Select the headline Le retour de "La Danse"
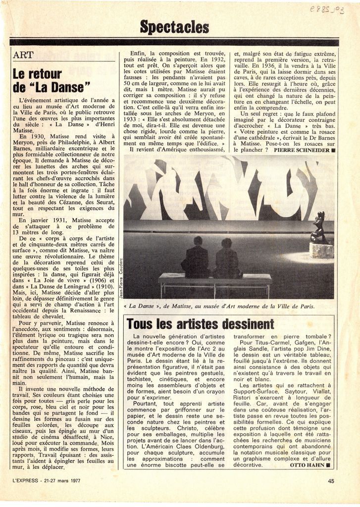(x=51, y=81)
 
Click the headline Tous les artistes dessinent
(x=200, y=324)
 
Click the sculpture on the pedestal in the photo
(x=319, y=229)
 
